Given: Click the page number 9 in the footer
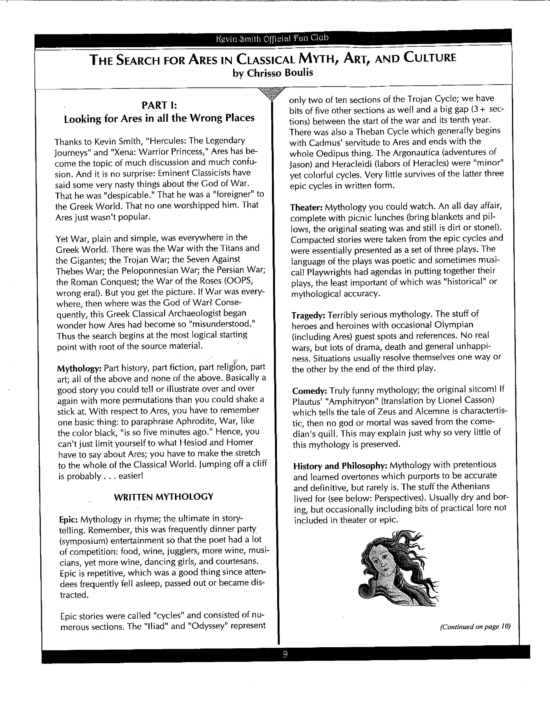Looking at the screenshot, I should (x=285, y=654).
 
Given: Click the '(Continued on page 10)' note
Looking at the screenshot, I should (x=475, y=627).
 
